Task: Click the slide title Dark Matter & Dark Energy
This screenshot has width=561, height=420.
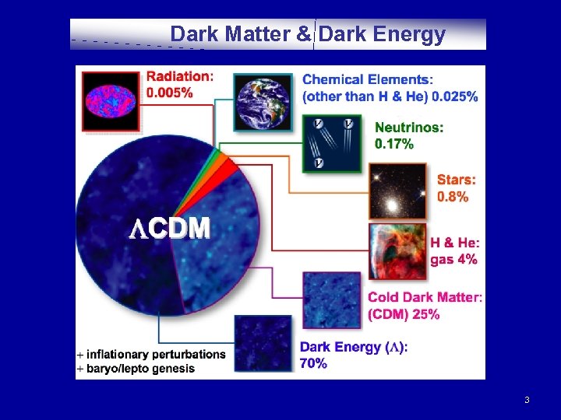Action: coord(308,34)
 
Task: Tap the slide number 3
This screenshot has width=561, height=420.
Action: coord(527,400)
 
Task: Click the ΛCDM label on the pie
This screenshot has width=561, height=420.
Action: coord(169,228)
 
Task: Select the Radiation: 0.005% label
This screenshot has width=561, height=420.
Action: coord(179,85)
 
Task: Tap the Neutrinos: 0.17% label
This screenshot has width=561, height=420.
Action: coord(409,135)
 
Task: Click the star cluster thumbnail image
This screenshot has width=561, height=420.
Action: coord(397,191)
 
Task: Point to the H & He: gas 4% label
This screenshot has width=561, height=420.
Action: coord(454,250)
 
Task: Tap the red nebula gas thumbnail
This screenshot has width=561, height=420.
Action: coord(397,250)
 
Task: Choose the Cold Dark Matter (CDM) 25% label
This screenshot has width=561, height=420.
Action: coord(425,306)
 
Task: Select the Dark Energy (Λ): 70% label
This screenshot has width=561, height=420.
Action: coord(353,355)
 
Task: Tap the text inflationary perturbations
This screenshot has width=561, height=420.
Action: coord(156,354)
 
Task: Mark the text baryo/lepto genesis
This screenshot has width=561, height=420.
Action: coord(140,368)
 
